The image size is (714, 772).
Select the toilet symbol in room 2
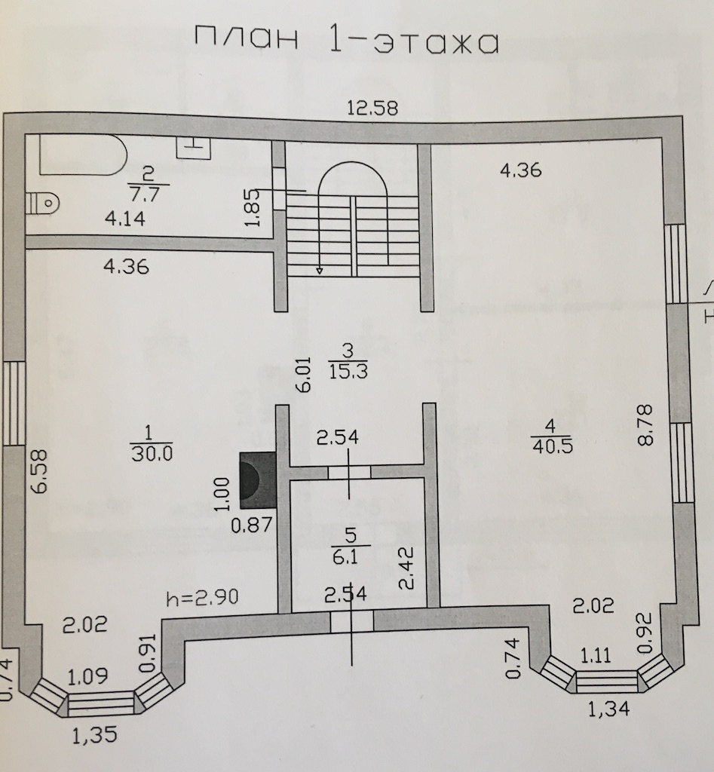pos(42,202)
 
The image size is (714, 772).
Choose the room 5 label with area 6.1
pos(349,544)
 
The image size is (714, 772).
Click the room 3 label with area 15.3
pos(348,361)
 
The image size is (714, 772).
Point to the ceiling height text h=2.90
pos(202,599)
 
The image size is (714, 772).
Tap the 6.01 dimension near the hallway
pos(301,375)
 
